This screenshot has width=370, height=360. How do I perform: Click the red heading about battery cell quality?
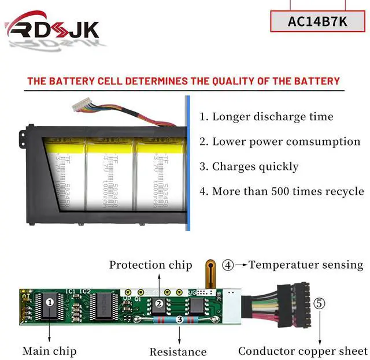(x=184, y=81)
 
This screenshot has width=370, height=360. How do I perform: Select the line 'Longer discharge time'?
(x=267, y=117)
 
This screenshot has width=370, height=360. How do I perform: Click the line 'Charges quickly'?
(x=249, y=166)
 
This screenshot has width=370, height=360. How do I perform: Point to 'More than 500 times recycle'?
(x=282, y=191)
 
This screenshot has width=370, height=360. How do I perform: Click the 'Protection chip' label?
(x=150, y=265)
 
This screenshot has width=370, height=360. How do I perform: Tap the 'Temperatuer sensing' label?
(x=306, y=265)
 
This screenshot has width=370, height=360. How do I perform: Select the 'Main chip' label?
(x=49, y=351)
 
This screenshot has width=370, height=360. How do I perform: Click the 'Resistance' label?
(x=177, y=351)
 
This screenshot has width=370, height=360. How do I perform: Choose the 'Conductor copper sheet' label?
(x=303, y=351)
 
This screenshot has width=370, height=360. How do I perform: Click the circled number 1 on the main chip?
(x=50, y=302)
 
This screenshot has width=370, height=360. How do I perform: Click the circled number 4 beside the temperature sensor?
(x=228, y=265)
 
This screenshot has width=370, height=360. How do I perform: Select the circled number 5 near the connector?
(x=319, y=303)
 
